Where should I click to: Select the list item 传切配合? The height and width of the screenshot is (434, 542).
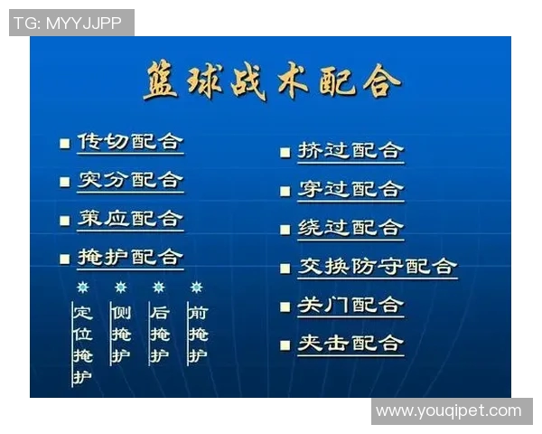pyautogui.click(x=130, y=142)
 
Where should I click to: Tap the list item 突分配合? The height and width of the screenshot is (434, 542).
pyautogui.click(x=130, y=180)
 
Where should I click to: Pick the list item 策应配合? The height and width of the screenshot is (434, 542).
pyautogui.click(x=130, y=219)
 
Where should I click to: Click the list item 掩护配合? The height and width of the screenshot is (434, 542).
pyautogui.click(x=130, y=258)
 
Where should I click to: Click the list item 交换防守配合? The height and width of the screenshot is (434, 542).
pyautogui.click(x=378, y=267)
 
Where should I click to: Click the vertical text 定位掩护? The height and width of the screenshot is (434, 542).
pyautogui.click(x=83, y=344)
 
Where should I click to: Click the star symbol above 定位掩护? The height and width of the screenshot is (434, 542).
pyautogui.click(x=83, y=288)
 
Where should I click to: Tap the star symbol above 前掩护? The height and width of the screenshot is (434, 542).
pyautogui.click(x=197, y=288)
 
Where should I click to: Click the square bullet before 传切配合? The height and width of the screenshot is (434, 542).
pyautogui.click(x=64, y=143)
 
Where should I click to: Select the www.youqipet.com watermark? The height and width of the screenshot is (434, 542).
pyautogui.click(x=449, y=411)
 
